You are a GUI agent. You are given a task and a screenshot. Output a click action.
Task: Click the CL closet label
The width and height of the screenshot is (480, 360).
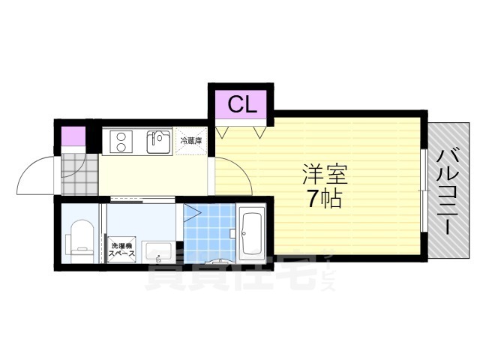[x=241, y=104]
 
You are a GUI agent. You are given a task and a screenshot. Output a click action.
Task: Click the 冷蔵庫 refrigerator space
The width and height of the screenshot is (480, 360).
[x=190, y=141]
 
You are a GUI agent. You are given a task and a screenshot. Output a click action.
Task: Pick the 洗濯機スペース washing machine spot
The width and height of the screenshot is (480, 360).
[x=121, y=250]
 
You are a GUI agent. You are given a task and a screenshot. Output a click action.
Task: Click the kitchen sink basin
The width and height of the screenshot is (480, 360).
[x=158, y=141]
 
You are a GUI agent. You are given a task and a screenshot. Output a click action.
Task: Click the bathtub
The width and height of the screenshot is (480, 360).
[x=251, y=232]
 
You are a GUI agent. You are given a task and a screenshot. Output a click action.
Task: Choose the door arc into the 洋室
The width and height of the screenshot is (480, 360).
[x=232, y=176]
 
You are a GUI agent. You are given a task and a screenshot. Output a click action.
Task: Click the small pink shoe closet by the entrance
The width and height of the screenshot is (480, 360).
[x=72, y=138]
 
